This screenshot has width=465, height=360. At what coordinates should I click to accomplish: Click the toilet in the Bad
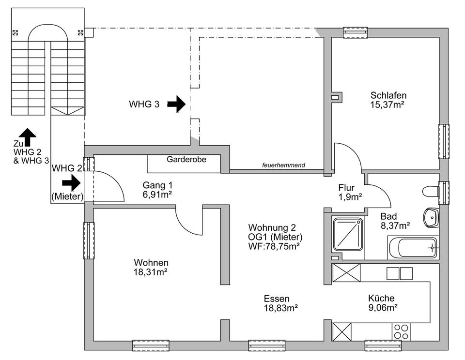(430, 191)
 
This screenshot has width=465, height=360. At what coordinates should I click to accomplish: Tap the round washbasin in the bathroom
(430, 217)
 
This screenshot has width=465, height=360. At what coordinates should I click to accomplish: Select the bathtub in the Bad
(413, 247)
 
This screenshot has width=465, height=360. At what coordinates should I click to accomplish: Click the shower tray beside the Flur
(347, 234)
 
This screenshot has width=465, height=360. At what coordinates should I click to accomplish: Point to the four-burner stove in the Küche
(401, 332)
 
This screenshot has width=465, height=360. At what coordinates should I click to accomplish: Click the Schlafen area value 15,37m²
(388, 104)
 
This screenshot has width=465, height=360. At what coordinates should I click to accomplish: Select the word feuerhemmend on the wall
(284, 165)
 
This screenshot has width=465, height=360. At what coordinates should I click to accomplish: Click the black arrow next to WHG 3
(176, 104)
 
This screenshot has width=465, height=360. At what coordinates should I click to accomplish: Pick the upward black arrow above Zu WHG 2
(28, 137)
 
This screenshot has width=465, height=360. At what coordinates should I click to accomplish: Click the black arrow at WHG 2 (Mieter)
(71, 183)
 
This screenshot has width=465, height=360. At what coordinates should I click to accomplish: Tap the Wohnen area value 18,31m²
(151, 272)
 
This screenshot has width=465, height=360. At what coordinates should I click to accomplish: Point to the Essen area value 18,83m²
(280, 307)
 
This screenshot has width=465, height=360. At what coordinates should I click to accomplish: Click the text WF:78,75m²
(274, 246)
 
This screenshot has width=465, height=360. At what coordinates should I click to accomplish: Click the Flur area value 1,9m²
(350, 196)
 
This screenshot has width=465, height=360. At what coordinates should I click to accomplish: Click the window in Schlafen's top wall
(356, 32)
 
